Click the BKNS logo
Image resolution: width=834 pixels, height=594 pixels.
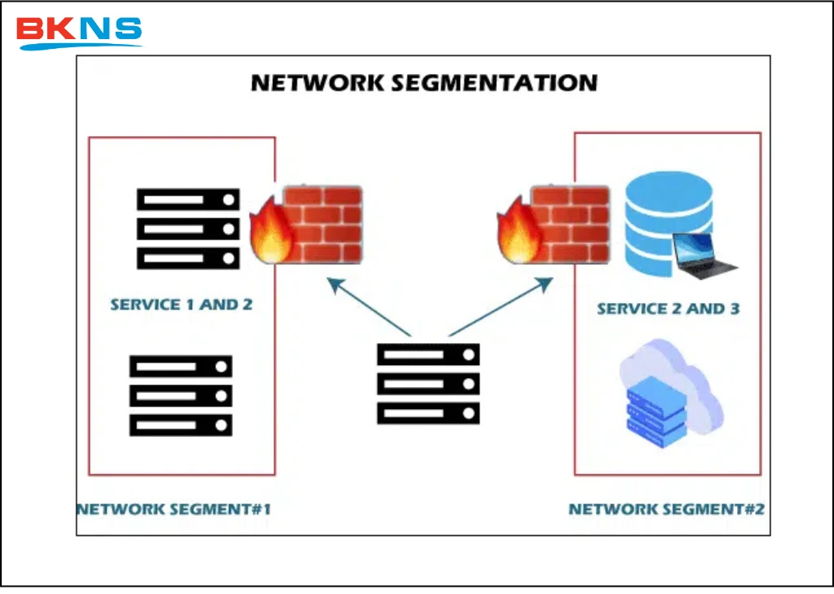(80, 31)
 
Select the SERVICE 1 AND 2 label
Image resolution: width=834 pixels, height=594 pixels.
(181, 305)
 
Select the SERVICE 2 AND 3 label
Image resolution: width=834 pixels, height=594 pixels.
(668, 309)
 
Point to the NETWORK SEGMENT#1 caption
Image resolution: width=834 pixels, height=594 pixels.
(173, 509)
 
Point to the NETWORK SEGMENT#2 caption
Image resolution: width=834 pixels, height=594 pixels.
(666, 509)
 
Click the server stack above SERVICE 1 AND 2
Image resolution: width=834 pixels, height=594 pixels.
(188, 229)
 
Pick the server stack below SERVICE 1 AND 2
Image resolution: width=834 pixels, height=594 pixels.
(181, 395)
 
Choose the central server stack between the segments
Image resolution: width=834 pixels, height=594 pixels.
(428, 384)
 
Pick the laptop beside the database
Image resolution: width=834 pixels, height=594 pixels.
(705, 257)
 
